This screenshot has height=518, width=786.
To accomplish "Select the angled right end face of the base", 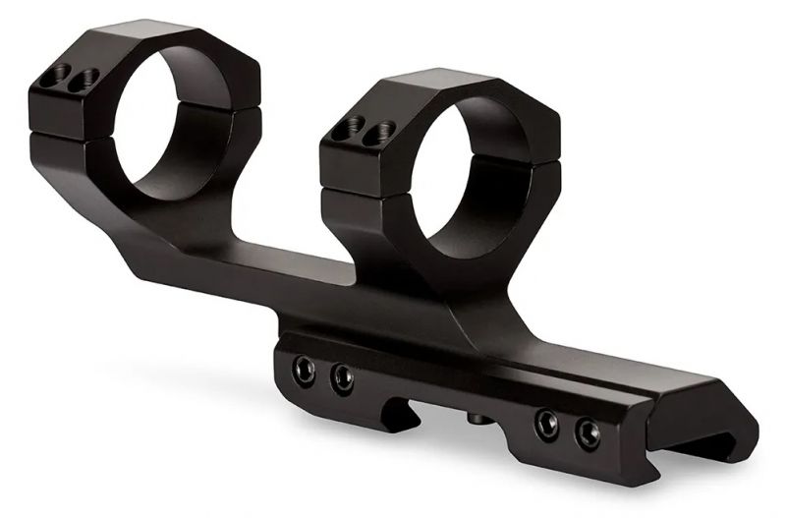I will coord(722,432).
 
